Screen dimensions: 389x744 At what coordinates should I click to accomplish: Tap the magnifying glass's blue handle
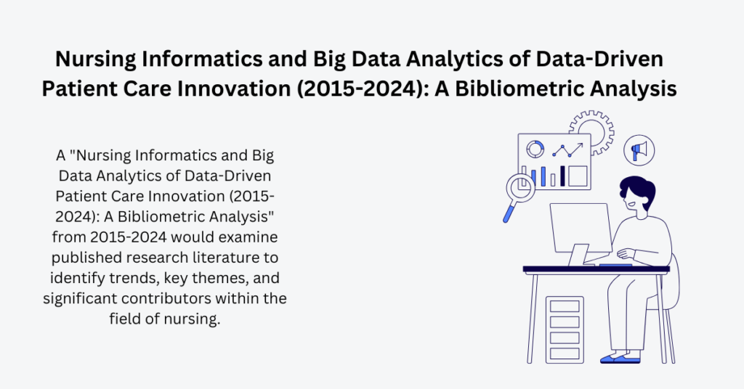pyautogui.click(x=509, y=212)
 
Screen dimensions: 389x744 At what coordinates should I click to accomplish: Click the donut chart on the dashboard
pyautogui.click(x=535, y=150)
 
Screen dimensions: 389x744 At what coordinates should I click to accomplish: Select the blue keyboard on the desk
pyautogui.click(x=614, y=264)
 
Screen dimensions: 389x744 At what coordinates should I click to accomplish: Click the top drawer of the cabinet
pyautogui.click(x=565, y=306)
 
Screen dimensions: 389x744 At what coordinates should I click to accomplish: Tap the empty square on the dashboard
pyautogui.click(x=578, y=176)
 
